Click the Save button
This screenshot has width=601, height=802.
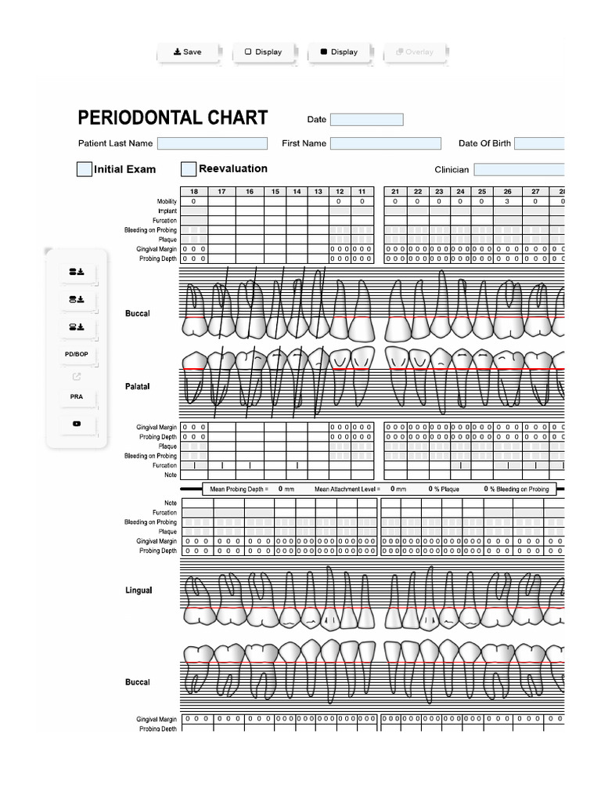coord(188,52)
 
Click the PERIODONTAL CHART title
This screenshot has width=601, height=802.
coord(172,118)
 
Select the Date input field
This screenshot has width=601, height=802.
coord(366,120)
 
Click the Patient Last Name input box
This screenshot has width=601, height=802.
coord(212,143)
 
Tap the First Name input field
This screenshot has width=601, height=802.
coord(385,143)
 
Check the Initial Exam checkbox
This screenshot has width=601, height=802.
coord(85,169)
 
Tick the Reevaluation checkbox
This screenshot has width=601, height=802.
coord(189,169)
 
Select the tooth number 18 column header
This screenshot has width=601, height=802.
coord(193,192)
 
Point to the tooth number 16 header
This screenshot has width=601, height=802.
coord(250,192)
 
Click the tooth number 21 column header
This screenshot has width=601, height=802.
coord(395,192)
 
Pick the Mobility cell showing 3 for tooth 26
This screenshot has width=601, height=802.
coord(507,201)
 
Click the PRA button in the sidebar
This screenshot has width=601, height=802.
coord(77,397)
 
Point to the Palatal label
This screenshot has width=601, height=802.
coord(137,386)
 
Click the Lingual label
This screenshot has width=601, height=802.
coord(139,590)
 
